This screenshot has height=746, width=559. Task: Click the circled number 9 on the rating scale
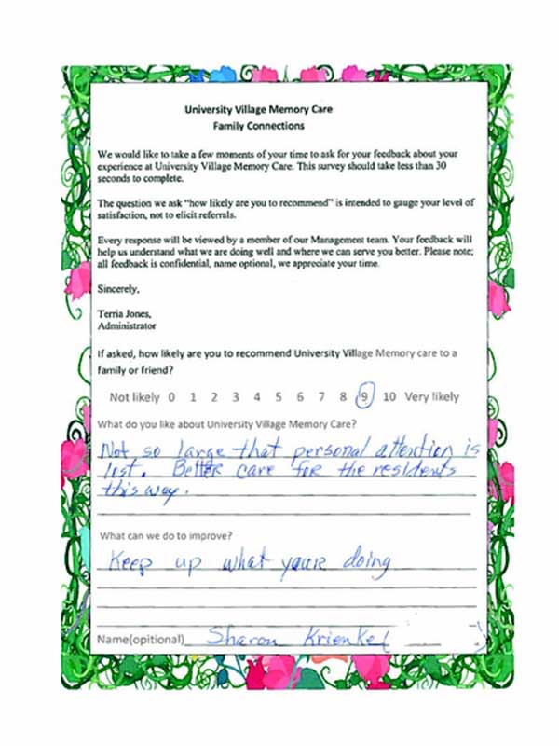(366, 396)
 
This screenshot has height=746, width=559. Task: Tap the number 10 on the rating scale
(389, 396)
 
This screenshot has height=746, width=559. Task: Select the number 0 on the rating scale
(171, 396)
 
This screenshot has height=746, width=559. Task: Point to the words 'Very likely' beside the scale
(431, 396)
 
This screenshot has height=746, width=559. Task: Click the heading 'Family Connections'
(258, 125)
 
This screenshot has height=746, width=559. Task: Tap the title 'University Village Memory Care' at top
(258, 109)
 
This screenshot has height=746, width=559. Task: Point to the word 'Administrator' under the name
(127, 327)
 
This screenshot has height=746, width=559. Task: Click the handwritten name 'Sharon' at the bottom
(236, 639)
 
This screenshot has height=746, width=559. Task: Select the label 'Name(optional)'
(141, 641)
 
